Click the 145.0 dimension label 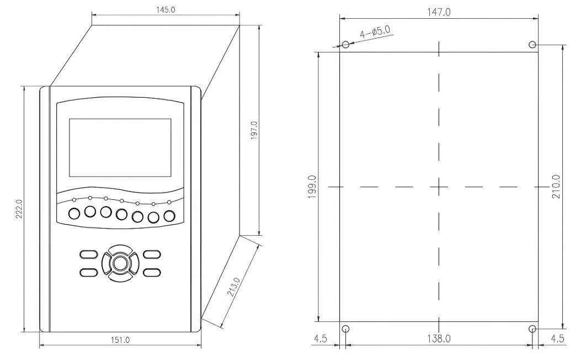[166, 10]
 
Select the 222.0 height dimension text [19, 209]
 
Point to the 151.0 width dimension [120, 340]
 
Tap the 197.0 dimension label [254, 130]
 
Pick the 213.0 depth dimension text [234, 287]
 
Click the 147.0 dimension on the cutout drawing [439, 12]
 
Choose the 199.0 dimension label [312, 187]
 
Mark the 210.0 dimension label [556, 187]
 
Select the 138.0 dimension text [439, 338]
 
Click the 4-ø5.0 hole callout [375, 32]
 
